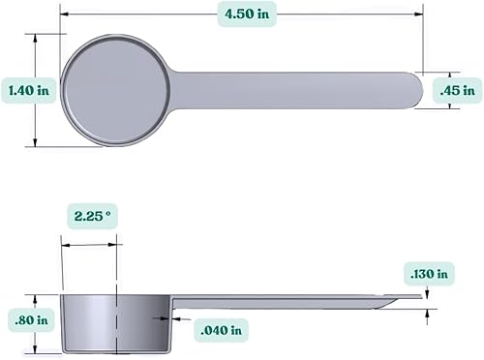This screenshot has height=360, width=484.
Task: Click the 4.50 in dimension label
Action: pyautogui.click(x=242, y=14)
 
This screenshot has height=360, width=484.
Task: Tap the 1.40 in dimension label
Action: pyautogui.click(x=29, y=90)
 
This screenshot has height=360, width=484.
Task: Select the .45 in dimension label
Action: pyautogui.click(x=455, y=90)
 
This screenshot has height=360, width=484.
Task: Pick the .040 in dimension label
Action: pyautogui.click(x=221, y=330)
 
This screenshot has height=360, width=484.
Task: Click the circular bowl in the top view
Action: pyautogui.click(x=117, y=89)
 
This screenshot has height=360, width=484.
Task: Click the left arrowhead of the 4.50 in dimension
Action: pyautogui.click(x=64, y=14)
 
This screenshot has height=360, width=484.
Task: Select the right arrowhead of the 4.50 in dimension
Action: pyautogui.click(x=420, y=14)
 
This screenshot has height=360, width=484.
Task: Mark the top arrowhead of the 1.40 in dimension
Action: pyautogui.click(x=37, y=37)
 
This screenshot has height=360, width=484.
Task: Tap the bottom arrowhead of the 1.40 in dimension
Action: pyautogui.click(x=37, y=143)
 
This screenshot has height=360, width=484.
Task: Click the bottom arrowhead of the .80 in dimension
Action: pyautogui.click(x=36, y=350)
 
